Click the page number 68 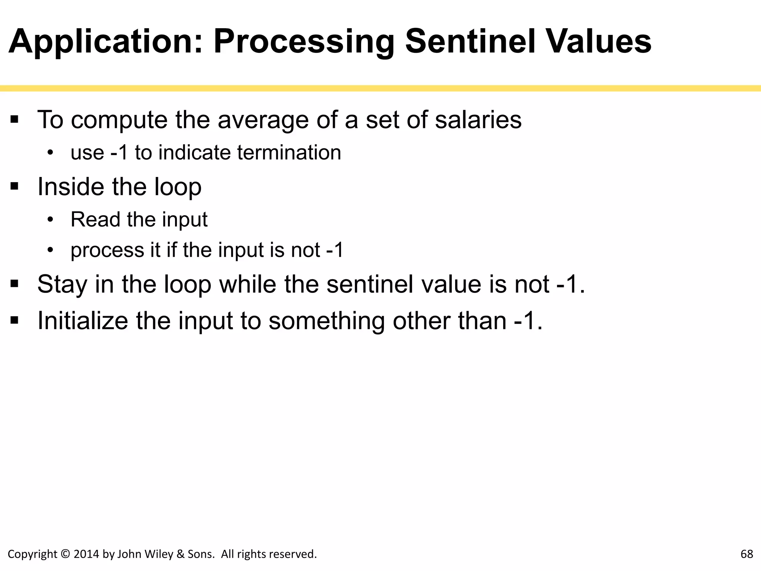tap(747, 554)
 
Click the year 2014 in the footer tap(86, 554)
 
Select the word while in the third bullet tap(247, 284)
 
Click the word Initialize tap(83, 320)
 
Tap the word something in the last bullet tap(327, 320)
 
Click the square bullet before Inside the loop tap(14, 186)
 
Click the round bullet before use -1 tap(51, 153)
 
